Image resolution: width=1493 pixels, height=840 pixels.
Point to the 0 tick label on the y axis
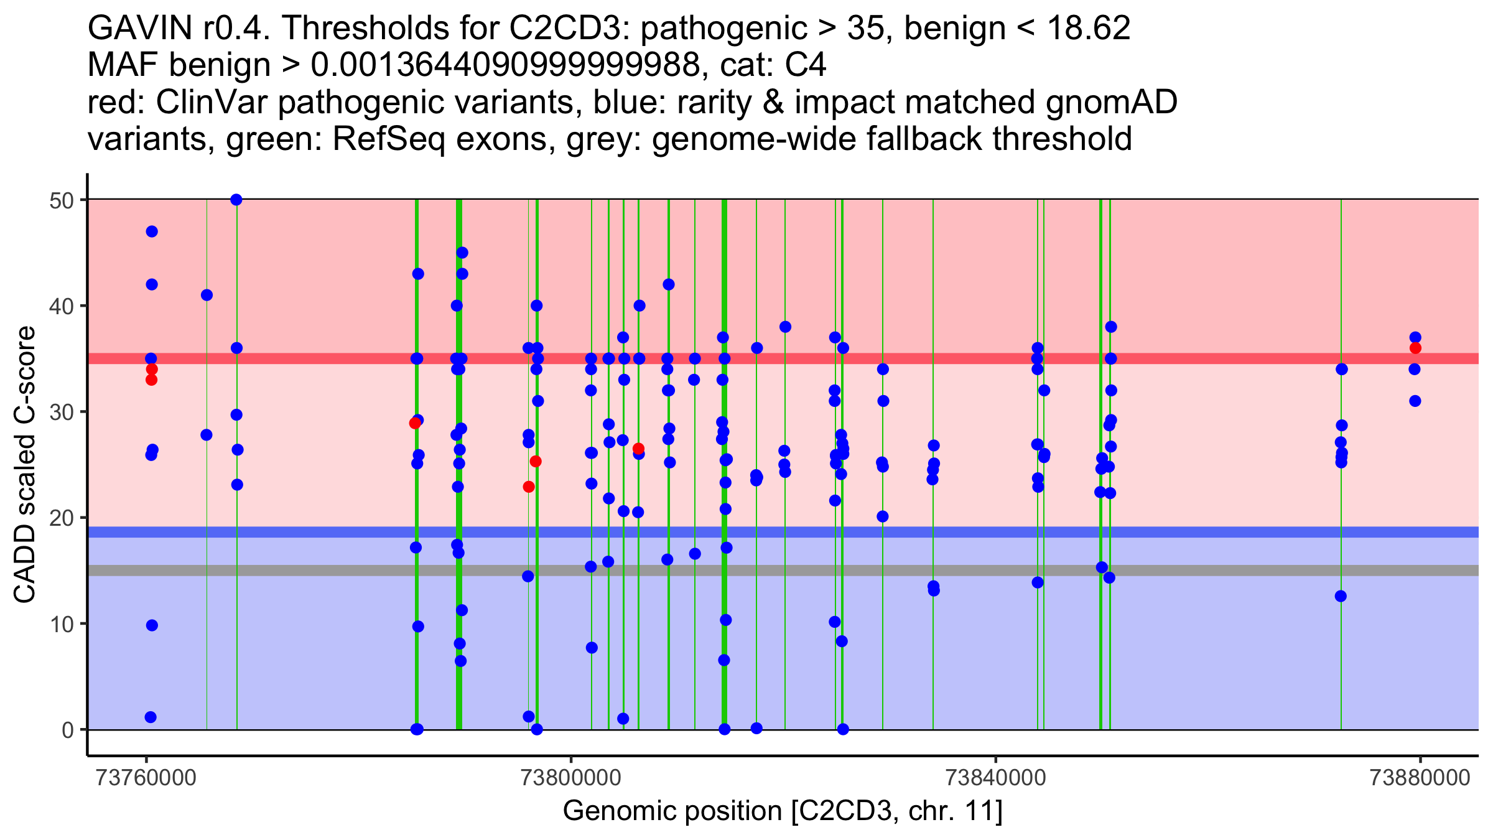pos(67,730)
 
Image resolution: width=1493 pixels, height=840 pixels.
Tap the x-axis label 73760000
pos(147,778)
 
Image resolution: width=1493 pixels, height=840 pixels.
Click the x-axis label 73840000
pos(995,778)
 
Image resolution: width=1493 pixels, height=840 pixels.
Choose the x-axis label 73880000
pos(1420,778)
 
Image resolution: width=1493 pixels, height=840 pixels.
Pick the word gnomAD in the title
pos(1111,102)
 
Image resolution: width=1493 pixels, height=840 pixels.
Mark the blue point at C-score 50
pos(236,200)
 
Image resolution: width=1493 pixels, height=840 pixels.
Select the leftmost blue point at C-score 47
pos(152,231)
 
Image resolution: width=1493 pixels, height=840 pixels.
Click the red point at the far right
pos(1415,348)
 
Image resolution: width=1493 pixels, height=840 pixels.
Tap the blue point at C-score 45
pos(462,253)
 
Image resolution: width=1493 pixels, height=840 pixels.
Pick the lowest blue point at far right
pos(1415,401)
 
